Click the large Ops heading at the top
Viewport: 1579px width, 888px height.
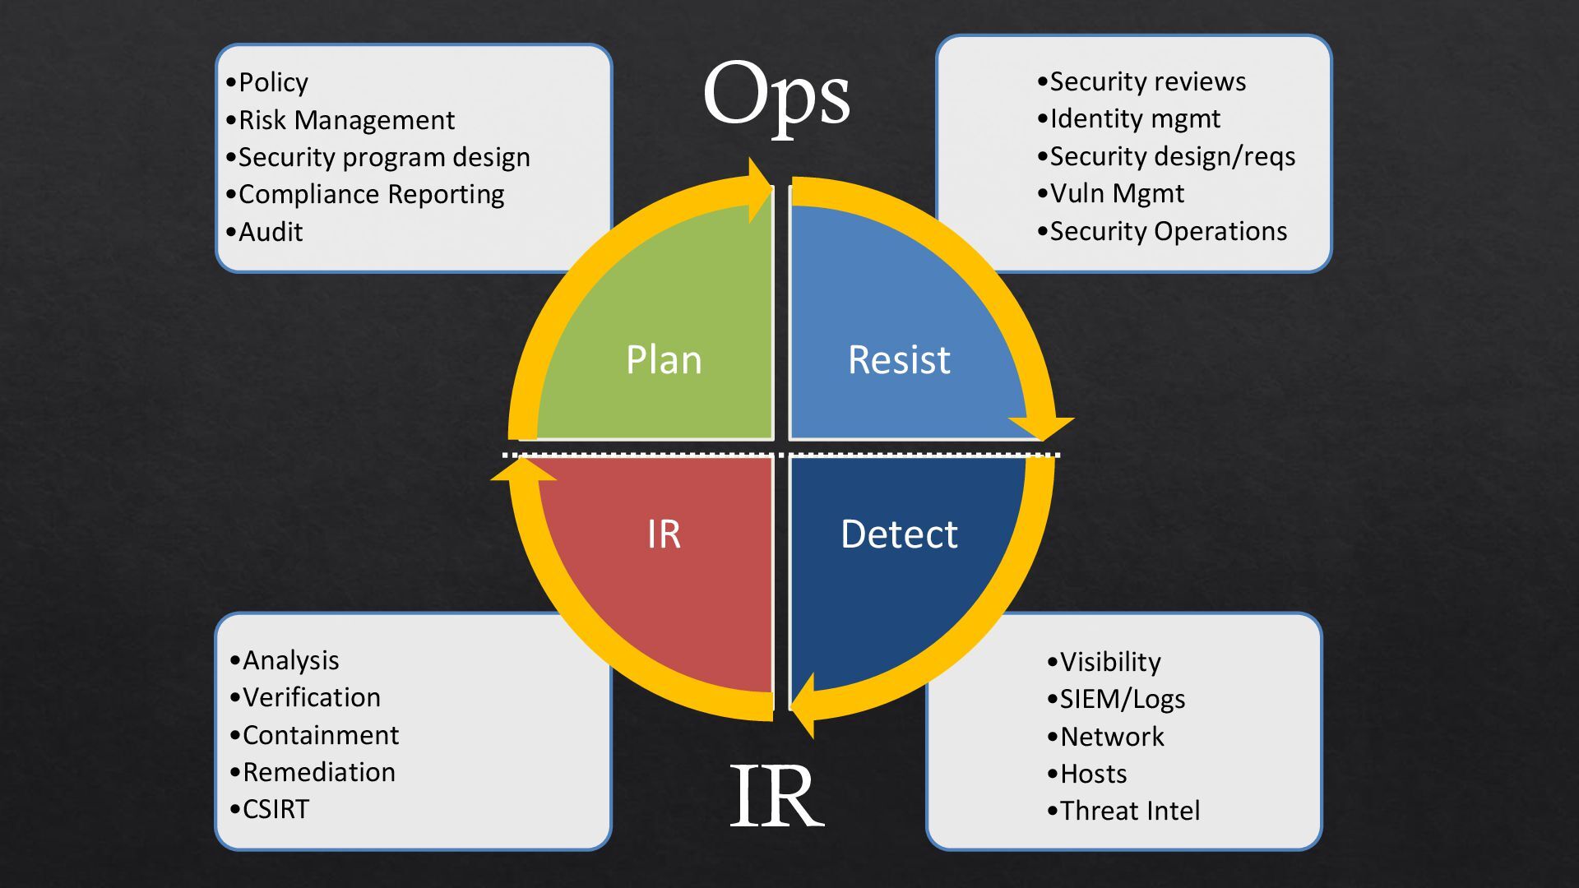pyautogui.click(x=776, y=97)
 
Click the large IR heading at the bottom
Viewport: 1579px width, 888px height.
pyautogui.click(x=776, y=796)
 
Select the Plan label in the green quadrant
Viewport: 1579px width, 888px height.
pyautogui.click(x=664, y=360)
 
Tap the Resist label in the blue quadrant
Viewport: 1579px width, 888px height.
pyautogui.click(x=899, y=360)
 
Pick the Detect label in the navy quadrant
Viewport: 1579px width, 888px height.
pyautogui.click(x=899, y=534)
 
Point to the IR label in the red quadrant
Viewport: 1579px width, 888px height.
pyautogui.click(x=664, y=534)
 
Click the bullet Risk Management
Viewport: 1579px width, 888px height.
pyautogui.click(x=345, y=120)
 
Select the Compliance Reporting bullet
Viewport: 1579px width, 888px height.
pyautogui.click(x=371, y=195)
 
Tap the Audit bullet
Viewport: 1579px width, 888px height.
pyautogui.click(x=271, y=232)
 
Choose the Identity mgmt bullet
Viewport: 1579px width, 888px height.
pyautogui.click(x=1135, y=119)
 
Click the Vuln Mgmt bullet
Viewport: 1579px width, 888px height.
pyautogui.click(x=1117, y=194)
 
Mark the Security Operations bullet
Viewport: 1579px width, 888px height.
pyautogui.click(x=1168, y=232)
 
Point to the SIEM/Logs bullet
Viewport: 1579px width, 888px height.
pyautogui.click(x=1122, y=700)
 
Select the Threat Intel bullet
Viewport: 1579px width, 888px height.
pyautogui.click(x=1129, y=812)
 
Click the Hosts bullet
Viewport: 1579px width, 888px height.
pyautogui.click(x=1093, y=774)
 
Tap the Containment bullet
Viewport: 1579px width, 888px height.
pyautogui.click(x=320, y=735)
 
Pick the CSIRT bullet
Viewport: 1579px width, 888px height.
pyautogui.click(x=276, y=810)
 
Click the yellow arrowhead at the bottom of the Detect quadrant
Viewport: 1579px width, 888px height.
pyautogui.click(x=803, y=705)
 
